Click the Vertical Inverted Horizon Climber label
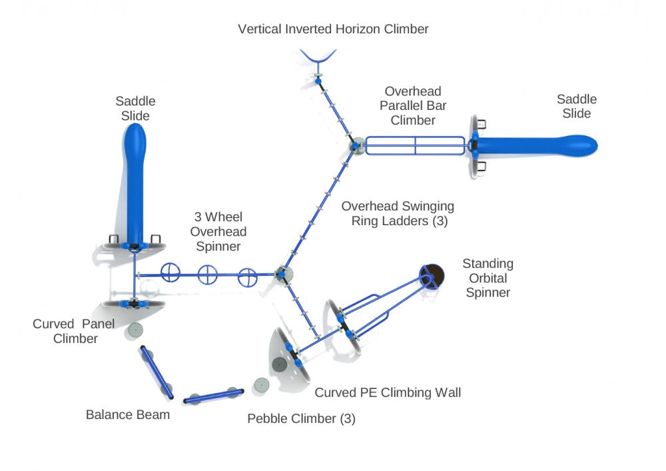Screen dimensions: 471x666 tap(333, 29)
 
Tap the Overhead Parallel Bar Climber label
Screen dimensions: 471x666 tap(413, 105)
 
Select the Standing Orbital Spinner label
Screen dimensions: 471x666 tap(488, 278)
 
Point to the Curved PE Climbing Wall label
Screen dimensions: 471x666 tap(388, 392)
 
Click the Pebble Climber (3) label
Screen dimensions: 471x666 tap(301, 419)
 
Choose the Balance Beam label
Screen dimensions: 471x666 tap(128, 415)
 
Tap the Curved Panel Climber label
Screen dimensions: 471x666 tap(73, 331)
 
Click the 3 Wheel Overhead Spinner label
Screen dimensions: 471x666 tap(218, 231)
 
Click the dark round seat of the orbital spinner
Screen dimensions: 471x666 tap(432, 273)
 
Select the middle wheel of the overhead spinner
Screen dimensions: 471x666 tap(208, 273)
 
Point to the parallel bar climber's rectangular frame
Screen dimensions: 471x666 tap(414, 145)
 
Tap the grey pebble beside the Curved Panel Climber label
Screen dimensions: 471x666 tap(137, 330)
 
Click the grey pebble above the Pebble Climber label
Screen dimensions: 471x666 tap(260, 384)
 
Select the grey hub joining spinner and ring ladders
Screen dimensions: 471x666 tap(284, 273)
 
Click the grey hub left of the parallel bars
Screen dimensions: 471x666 tap(356, 145)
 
